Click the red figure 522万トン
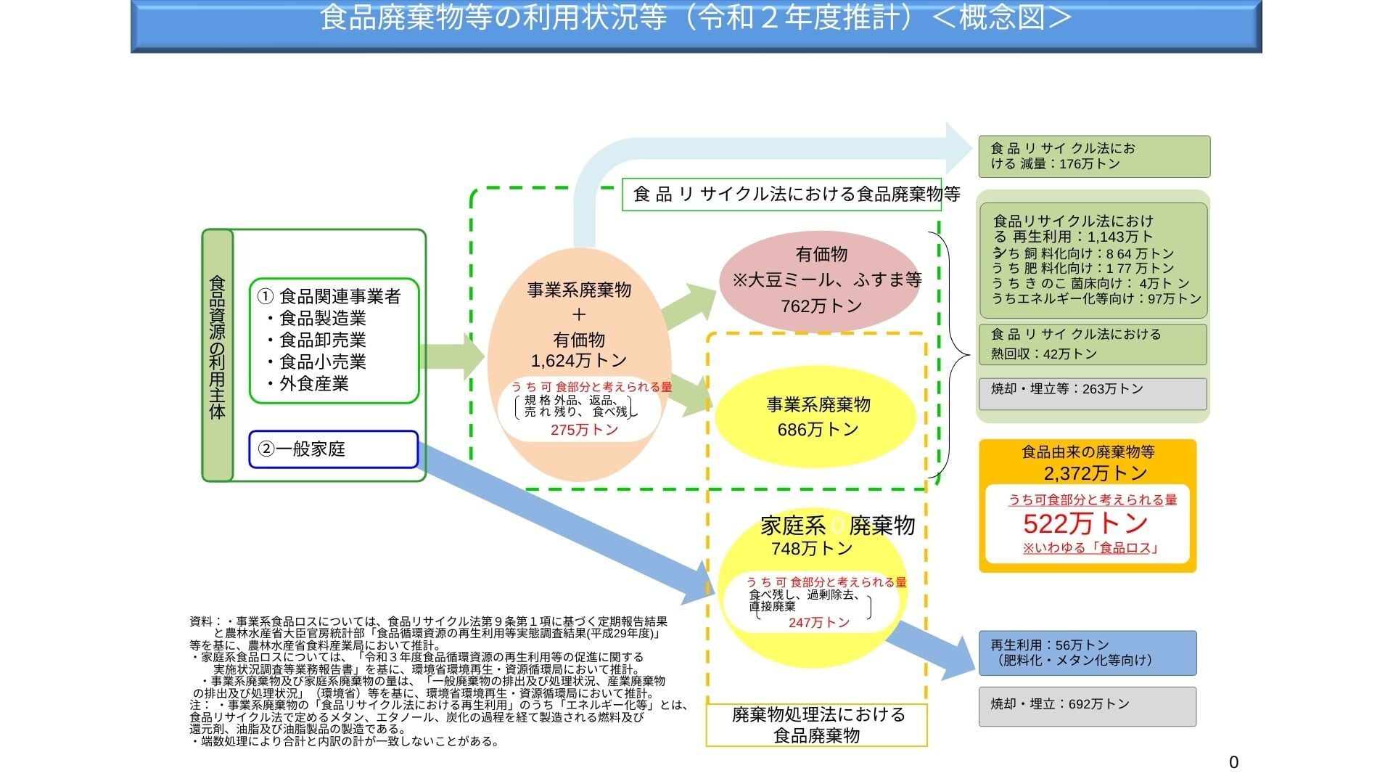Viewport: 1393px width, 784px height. (1085, 523)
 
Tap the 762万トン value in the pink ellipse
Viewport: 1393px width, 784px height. (821, 306)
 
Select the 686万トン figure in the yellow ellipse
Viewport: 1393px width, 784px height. (818, 430)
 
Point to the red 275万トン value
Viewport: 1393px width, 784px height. (584, 430)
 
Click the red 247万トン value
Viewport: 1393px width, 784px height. (818, 623)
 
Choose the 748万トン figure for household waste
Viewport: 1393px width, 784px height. (811, 549)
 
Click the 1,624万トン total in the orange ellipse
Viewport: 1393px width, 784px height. (578, 361)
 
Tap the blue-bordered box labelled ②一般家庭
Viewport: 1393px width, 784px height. (334, 449)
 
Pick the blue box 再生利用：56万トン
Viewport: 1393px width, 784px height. (1087, 653)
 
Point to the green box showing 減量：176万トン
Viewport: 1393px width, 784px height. (1093, 156)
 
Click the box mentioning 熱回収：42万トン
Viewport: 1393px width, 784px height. (1092, 344)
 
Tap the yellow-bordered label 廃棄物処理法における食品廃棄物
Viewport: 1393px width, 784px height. (817, 724)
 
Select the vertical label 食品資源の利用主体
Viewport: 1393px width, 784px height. (218, 355)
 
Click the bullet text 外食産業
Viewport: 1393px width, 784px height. (313, 383)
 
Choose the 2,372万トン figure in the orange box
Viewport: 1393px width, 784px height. (1096, 474)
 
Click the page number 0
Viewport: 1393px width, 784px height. (1233, 762)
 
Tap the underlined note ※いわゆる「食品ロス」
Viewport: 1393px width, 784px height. (1089, 548)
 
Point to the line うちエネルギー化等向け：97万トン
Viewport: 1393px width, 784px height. (1096, 298)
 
